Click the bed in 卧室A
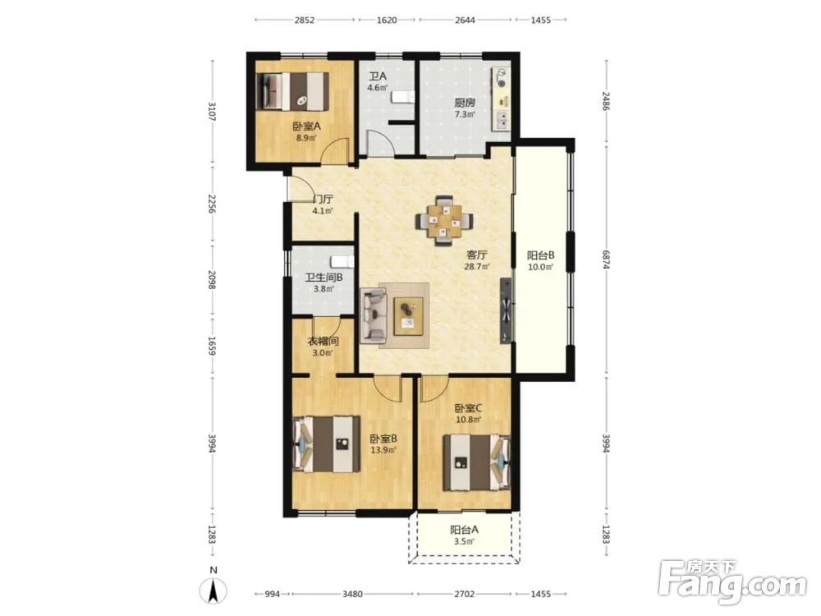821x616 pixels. pyautogui.click(x=293, y=91)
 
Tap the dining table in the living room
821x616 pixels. pyautogui.click(x=444, y=220)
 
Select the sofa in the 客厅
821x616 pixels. pyautogui.click(x=373, y=315)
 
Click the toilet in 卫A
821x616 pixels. pyautogui.click(x=402, y=97)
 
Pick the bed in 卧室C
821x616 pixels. pyautogui.click(x=476, y=462)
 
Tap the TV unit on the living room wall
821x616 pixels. pyautogui.click(x=506, y=310)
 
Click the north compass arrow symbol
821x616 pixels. pyautogui.click(x=213, y=591)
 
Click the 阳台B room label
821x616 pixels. pyautogui.click(x=540, y=255)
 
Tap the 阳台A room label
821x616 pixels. pyautogui.click(x=464, y=530)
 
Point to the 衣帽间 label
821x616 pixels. pyautogui.click(x=323, y=342)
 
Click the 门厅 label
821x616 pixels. pyautogui.click(x=323, y=200)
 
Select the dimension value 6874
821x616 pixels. pyautogui.click(x=607, y=260)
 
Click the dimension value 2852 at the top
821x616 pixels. pyautogui.click(x=305, y=20)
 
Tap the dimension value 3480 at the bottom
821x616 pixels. pyautogui.click(x=352, y=594)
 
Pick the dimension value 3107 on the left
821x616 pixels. pyautogui.click(x=212, y=112)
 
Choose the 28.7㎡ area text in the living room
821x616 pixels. pyautogui.click(x=478, y=267)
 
